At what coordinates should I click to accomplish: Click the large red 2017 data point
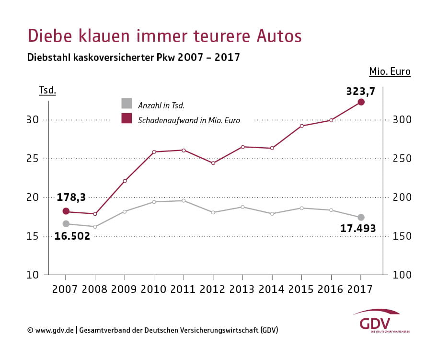361,102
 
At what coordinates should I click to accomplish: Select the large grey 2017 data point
361,217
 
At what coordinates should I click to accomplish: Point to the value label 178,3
71,197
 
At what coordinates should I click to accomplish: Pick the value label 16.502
72,236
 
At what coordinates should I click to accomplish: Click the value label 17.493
358,229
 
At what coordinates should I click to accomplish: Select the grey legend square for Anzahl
127,104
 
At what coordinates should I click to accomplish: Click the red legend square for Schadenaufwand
127,118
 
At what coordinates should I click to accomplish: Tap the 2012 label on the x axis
213,290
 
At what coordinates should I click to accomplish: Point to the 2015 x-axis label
301,290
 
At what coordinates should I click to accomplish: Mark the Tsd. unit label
47,90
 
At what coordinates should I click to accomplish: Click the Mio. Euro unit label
390,72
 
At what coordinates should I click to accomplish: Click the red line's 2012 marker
213,163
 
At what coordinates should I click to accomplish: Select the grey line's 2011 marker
184,200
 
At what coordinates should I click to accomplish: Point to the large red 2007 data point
66,211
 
